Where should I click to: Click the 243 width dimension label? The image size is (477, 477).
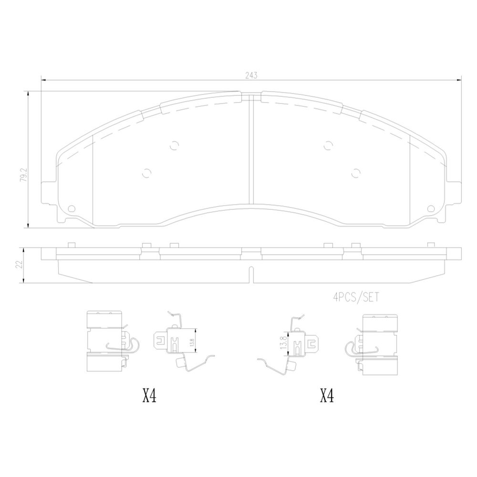pyautogui.click(x=251, y=75)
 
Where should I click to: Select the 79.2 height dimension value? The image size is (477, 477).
pyautogui.click(x=23, y=175)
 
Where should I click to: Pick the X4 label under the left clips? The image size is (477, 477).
pyautogui.click(x=149, y=396)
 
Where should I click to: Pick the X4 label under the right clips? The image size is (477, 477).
pyautogui.click(x=327, y=396)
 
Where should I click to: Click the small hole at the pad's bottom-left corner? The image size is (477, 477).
pyautogui.click(x=72, y=208)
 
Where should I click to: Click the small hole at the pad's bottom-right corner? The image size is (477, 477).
pyautogui.click(x=431, y=209)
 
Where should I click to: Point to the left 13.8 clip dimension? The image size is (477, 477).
pyautogui.click(x=192, y=341)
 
